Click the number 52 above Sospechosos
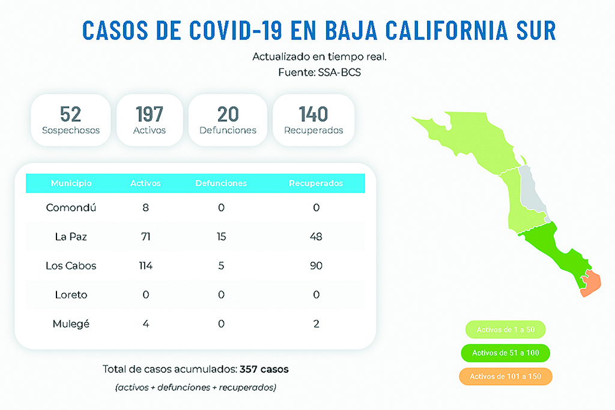pos(71,114)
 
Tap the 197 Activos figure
pos(150,114)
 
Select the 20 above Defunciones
pos(228,114)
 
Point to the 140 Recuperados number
pos(314,114)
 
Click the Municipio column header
pos(71,183)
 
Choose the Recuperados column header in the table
pos(316,183)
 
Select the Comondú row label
pos(71,207)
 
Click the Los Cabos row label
pos(71,265)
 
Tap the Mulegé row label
pos(71,324)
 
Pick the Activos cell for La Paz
pos(145,237)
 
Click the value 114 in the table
pos(145,265)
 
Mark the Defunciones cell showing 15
pos(221,237)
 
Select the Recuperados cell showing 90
pos(316,265)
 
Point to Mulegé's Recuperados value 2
pos(316,324)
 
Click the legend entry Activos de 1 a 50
pos(506,330)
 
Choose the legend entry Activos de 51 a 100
pos(506,353)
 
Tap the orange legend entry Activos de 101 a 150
pos(506,376)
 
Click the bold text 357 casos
pos(264,369)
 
